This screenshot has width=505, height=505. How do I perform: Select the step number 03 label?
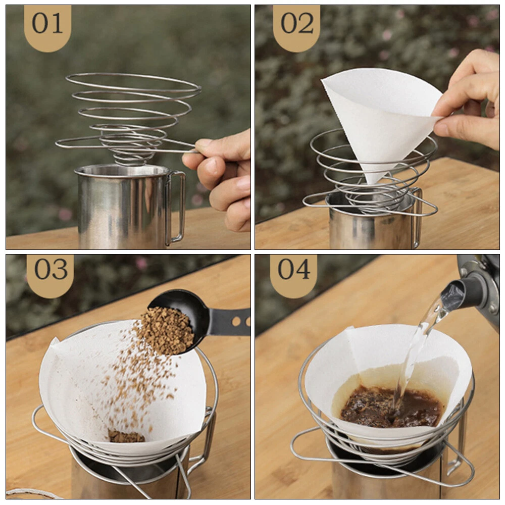pyautogui.click(x=51, y=269)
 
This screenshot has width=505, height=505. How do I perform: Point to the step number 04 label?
pyautogui.click(x=294, y=269)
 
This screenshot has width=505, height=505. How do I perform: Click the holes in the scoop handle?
pyautogui.click(x=241, y=321)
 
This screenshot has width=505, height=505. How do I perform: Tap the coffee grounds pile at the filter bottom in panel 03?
pyautogui.click(x=126, y=436)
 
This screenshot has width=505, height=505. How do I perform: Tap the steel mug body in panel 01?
pyautogui.click(x=122, y=207)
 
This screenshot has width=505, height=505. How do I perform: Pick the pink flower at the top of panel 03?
pyautogui.click(x=141, y=263)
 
